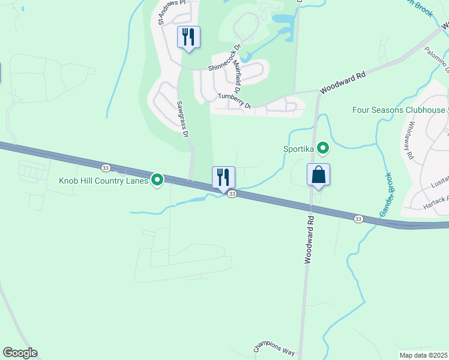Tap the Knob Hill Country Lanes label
[103, 180]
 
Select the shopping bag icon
[318, 175]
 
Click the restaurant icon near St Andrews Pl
[188, 37]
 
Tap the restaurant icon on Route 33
[223, 178]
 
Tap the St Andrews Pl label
[169, 12]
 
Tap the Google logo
[20, 353]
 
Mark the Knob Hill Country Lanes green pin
[157, 179]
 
